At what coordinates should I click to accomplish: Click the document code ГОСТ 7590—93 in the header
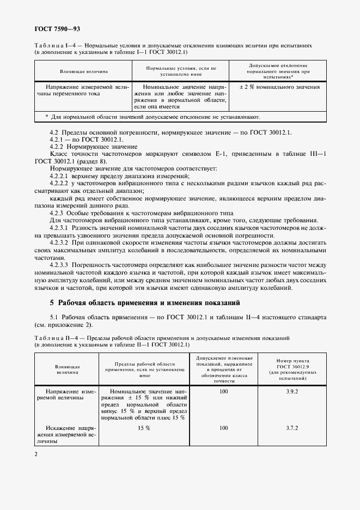(57, 28)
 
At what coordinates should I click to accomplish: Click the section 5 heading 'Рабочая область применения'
(144, 302)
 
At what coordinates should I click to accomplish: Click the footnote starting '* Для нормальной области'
(152, 117)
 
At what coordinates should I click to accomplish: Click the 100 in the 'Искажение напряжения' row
(223, 428)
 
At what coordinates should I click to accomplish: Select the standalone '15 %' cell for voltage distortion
(144, 428)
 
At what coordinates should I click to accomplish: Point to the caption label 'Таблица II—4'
(52, 338)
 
